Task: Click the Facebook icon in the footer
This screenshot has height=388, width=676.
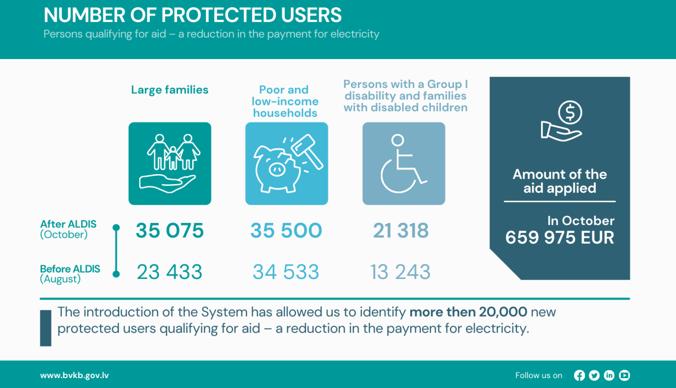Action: (x=580, y=375)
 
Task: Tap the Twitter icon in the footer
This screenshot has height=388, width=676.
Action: (x=594, y=375)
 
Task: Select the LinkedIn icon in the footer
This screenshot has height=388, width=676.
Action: (x=609, y=375)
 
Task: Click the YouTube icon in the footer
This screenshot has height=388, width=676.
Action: (x=624, y=375)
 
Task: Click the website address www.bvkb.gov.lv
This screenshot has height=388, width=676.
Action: (x=74, y=375)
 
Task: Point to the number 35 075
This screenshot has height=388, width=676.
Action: (x=170, y=231)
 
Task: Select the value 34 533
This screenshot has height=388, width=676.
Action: (x=286, y=272)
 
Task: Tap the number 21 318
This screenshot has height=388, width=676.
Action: (x=401, y=231)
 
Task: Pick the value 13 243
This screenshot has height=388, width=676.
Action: (x=400, y=272)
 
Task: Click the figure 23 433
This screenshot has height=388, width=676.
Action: (x=169, y=272)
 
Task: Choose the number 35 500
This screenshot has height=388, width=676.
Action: (x=286, y=231)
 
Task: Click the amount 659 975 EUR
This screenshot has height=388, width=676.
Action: (x=560, y=237)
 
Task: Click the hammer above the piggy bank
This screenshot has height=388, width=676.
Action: (x=308, y=150)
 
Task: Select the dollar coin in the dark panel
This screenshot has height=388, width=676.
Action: (x=570, y=112)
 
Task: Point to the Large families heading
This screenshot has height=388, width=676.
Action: (x=169, y=90)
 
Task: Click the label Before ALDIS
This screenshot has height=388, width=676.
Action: (x=70, y=269)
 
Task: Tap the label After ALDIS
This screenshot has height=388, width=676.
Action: (x=69, y=224)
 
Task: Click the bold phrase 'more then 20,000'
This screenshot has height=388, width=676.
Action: (x=468, y=312)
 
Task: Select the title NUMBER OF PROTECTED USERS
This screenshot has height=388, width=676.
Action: (x=192, y=15)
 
